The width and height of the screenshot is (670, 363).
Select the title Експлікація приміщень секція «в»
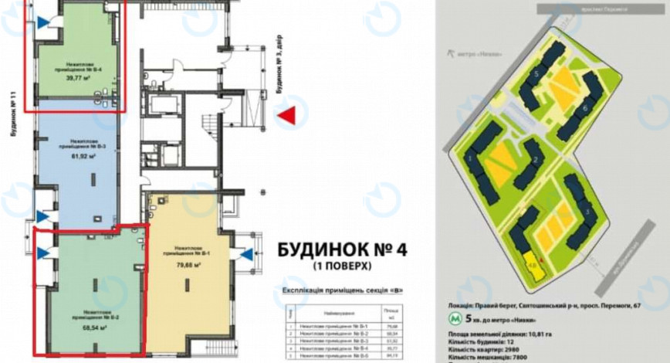click(x=340, y=291)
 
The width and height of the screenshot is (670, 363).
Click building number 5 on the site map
click(x=536, y=73)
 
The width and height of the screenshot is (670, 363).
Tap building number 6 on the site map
click(x=585, y=109)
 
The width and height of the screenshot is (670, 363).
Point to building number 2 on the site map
click(x=535, y=161)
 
